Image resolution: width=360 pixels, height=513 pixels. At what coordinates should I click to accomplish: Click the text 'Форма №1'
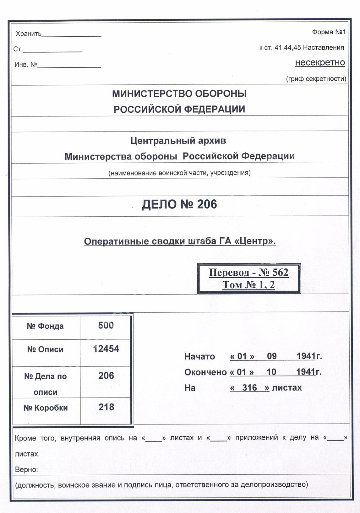click(328, 32)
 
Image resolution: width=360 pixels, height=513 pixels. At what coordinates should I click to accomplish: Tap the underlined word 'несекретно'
click(320, 62)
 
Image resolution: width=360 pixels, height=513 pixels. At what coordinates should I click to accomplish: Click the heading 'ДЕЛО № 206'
click(179, 204)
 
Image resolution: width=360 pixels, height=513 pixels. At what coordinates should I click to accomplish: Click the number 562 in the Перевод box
click(281, 272)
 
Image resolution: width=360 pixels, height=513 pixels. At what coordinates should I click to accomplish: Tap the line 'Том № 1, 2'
click(248, 285)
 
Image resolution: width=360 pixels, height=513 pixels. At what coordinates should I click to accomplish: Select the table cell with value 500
click(106, 326)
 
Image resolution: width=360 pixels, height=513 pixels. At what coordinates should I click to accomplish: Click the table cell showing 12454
click(106, 349)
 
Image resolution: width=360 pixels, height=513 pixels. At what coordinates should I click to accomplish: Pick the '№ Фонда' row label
click(45, 326)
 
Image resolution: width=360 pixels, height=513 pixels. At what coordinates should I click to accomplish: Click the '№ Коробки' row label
click(46, 408)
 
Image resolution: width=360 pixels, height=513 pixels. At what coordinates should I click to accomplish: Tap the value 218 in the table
click(106, 407)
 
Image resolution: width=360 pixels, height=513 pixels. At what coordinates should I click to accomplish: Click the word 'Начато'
click(199, 357)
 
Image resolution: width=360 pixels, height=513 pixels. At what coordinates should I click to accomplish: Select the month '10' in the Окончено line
click(271, 372)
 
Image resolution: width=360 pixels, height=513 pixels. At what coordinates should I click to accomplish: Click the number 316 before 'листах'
click(249, 388)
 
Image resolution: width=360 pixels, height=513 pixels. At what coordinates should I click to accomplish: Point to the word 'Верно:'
click(26, 470)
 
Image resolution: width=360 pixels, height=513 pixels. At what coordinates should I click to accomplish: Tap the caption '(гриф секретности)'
click(316, 79)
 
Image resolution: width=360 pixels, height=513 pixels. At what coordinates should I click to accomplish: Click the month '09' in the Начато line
click(272, 356)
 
